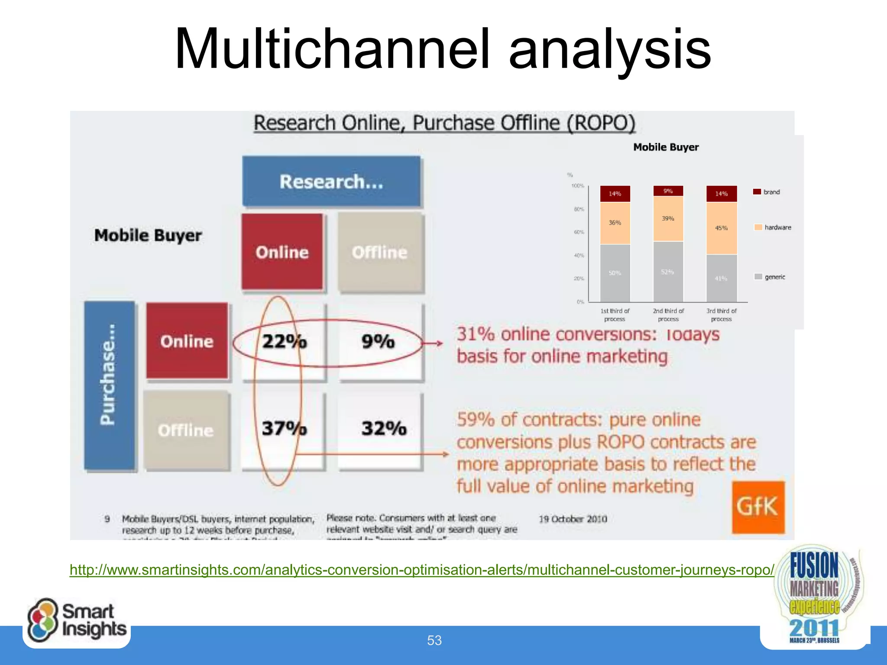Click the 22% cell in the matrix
click(284, 342)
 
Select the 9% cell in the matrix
click(378, 342)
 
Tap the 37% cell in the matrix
click(284, 429)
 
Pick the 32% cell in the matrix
click(384, 429)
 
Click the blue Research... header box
click(331, 181)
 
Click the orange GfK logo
click(758, 507)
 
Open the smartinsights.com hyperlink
click(422, 570)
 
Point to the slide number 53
click(434, 640)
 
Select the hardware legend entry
click(773, 227)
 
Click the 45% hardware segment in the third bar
click(722, 228)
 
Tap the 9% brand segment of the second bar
click(668, 191)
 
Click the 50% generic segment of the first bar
click(615, 273)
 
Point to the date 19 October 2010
click(573, 519)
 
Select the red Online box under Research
click(282, 252)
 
